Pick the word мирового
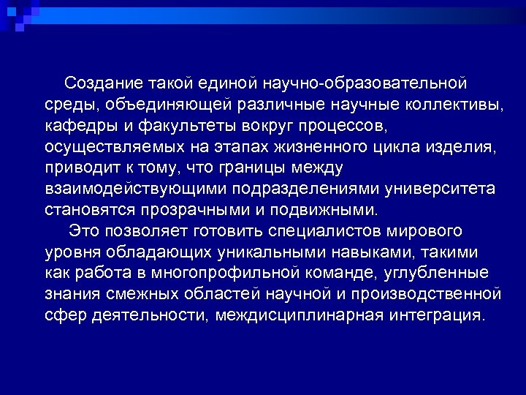point(425,231)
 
